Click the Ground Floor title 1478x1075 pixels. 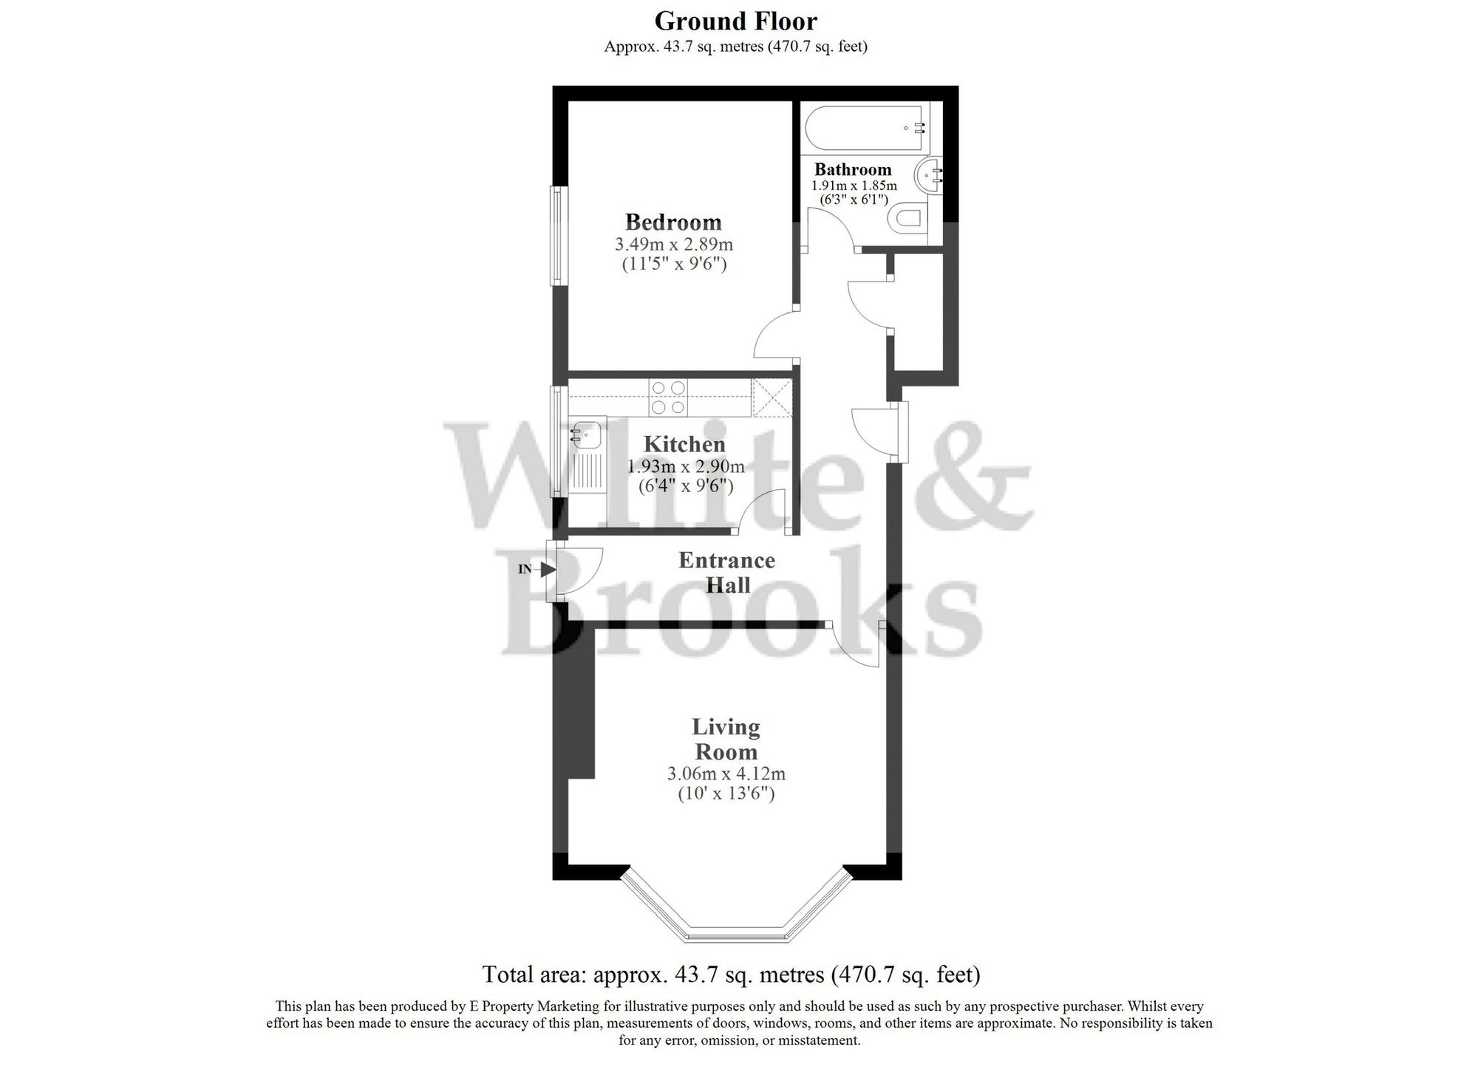(735, 20)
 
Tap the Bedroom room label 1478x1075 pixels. (672, 222)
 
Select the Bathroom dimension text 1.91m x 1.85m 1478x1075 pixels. (854, 185)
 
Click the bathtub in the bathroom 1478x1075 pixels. (865, 128)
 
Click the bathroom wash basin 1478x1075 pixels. (928, 176)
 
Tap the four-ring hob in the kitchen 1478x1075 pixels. (669, 397)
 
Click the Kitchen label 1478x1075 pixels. (684, 444)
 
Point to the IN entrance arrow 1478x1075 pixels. (547, 569)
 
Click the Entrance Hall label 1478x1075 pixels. (727, 573)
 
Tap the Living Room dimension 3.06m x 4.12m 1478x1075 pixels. (726, 774)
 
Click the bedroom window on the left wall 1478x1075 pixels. (559, 235)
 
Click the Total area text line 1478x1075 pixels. (731, 975)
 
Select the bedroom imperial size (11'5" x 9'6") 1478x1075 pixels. (673, 263)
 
